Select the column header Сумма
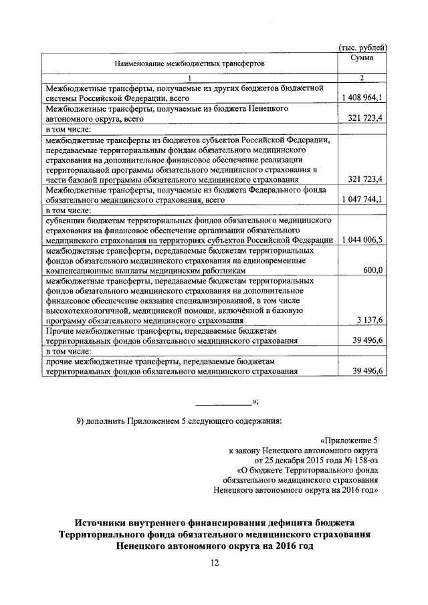[x=361, y=59]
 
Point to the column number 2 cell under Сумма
[x=361, y=79]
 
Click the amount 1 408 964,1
[x=361, y=98]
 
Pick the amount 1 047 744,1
[x=361, y=199]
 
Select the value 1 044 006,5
[x=361, y=239]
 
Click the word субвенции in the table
[x=65, y=219]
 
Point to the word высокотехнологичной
[x=85, y=311]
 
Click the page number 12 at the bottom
[x=214, y=564]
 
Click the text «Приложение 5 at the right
[x=349, y=441]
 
